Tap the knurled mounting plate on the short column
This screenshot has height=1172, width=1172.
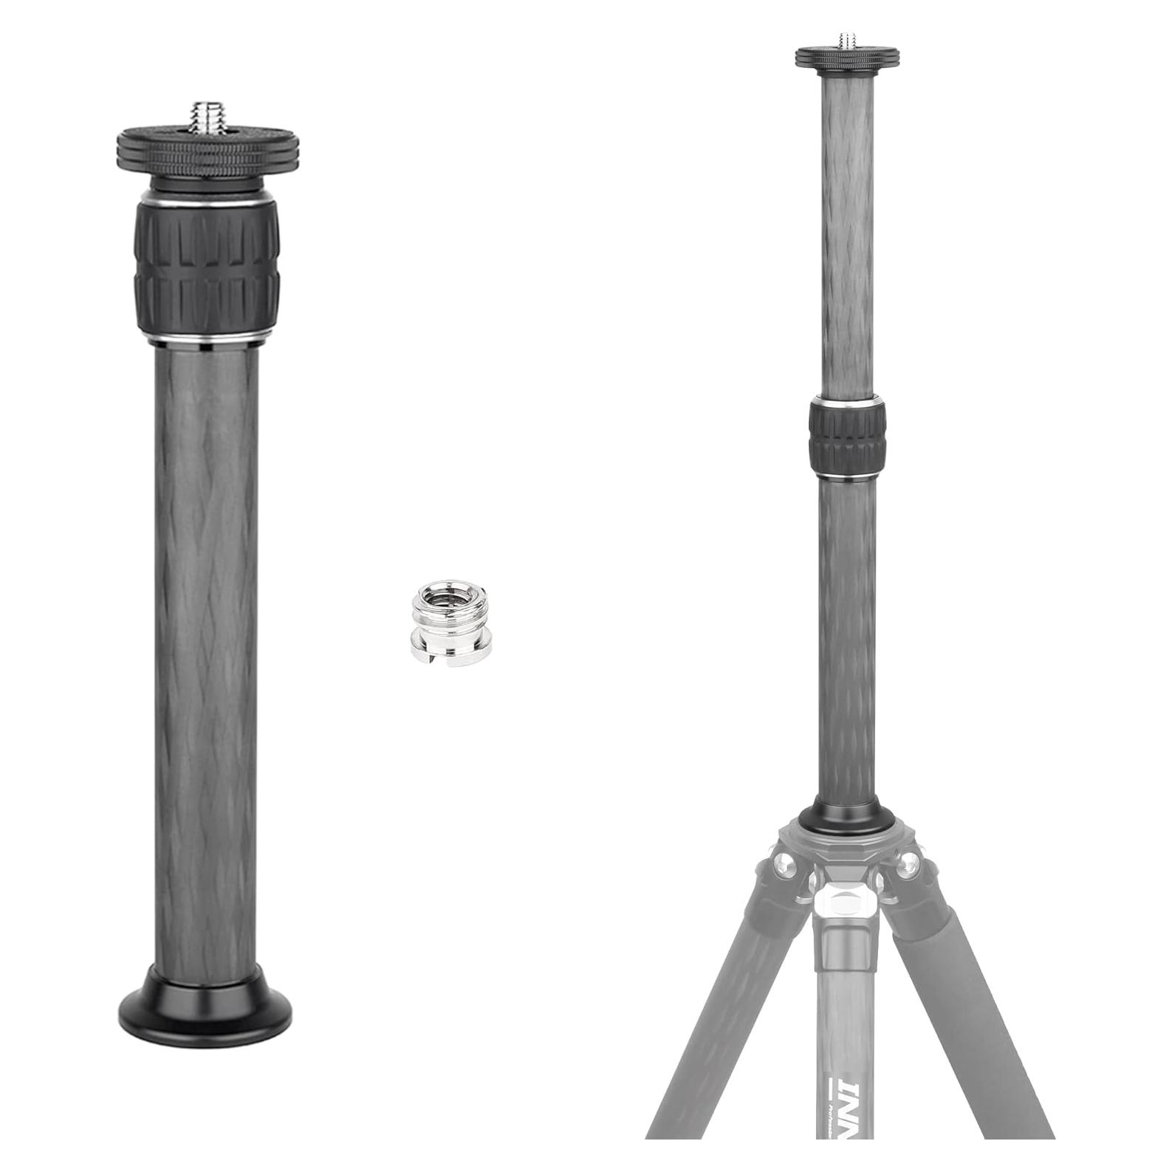206,148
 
